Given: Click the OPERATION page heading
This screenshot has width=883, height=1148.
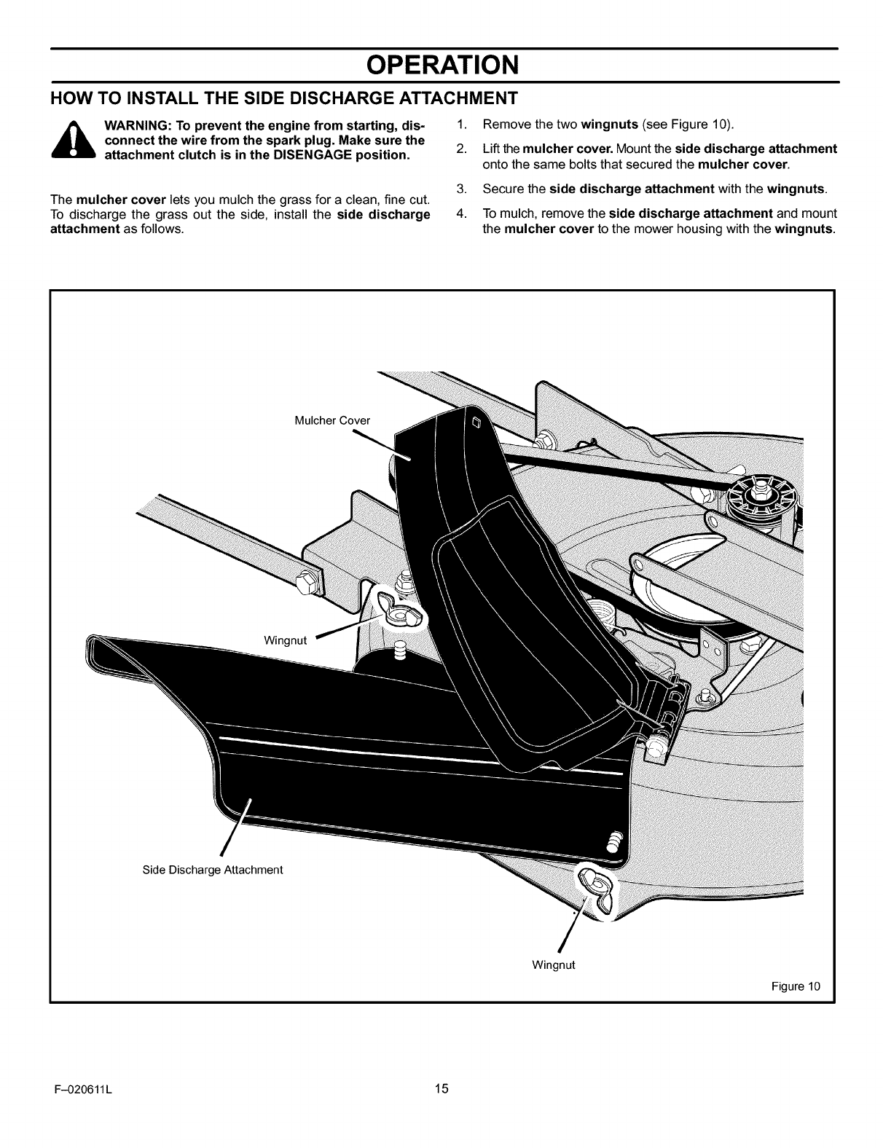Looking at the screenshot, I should [x=442, y=65].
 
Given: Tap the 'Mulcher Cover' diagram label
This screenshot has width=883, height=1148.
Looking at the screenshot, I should [x=332, y=420].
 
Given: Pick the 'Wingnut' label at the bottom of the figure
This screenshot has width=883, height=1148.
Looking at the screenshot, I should [x=554, y=964].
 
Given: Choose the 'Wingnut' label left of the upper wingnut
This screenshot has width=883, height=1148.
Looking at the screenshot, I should [x=286, y=640].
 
